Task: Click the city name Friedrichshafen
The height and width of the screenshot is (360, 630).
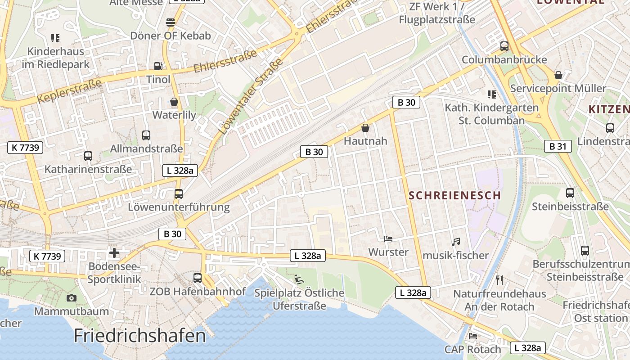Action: coord(139,336)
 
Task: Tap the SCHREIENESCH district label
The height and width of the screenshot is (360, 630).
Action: coord(455,195)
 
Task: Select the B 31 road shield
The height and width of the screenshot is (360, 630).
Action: coord(558,146)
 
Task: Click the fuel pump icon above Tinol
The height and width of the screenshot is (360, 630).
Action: coord(158,66)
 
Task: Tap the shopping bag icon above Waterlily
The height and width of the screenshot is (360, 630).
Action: coord(174,102)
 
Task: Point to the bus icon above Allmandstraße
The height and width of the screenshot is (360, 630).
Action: coord(146,135)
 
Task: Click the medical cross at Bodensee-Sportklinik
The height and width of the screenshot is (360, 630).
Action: coord(114,253)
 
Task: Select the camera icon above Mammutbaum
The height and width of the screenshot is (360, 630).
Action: coord(71,298)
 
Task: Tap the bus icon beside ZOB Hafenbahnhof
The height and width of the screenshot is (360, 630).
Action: coord(198,278)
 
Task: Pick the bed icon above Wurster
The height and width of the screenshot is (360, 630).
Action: coord(388,238)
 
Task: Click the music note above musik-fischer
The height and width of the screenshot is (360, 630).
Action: coord(456,242)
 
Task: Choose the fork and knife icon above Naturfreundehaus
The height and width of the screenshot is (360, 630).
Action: coord(499,280)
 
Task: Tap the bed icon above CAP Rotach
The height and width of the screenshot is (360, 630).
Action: coord(472,336)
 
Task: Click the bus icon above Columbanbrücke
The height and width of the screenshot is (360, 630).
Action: coord(504,46)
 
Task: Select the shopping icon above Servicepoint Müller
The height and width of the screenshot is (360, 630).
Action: coord(558,75)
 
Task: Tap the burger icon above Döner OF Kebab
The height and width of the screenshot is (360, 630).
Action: coord(170,22)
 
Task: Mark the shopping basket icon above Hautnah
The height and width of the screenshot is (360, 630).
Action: coord(365,128)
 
